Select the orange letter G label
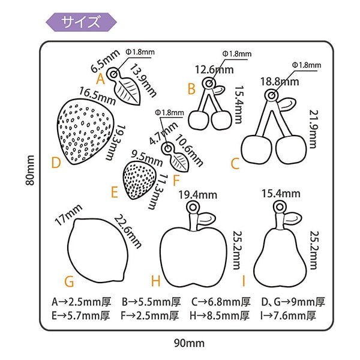69,281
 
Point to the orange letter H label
155,281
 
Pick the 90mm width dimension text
189,343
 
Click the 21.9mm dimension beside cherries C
313,127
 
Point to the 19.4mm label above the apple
197,194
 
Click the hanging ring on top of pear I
278,206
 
